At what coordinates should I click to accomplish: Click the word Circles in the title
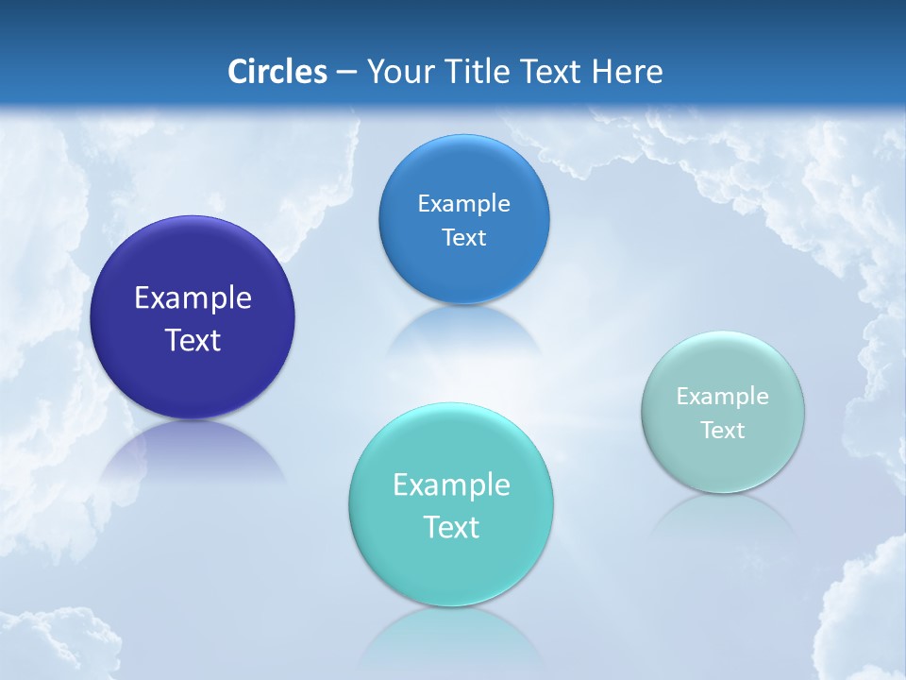[277, 72]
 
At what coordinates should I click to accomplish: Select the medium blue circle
[464, 170]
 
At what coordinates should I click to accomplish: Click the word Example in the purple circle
[193, 297]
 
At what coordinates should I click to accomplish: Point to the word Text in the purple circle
[193, 340]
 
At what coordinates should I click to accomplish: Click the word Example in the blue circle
[464, 203]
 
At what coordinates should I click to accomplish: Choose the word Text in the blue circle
[464, 237]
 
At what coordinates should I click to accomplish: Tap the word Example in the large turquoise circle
[451, 484]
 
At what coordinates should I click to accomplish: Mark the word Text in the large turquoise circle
[451, 527]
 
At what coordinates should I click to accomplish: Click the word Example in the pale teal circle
[723, 396]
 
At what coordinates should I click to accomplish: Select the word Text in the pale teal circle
[723, 430]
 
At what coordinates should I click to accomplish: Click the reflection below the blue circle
[464, 331]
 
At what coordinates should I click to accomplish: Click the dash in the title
[346, 72]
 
